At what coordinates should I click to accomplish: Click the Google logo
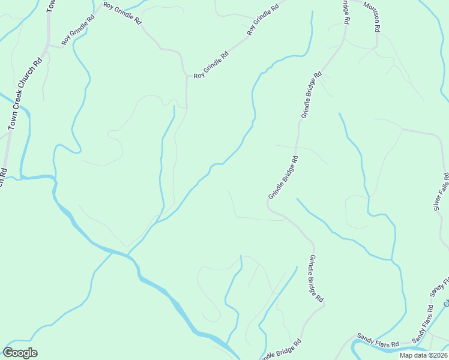click(20, 353)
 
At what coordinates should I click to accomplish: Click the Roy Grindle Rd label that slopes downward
click(122, 13)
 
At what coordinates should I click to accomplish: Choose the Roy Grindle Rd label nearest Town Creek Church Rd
click(78, 30)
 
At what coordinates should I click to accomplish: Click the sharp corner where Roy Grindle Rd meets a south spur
click(187, 76)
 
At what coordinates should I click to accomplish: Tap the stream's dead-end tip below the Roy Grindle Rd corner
click(174, 106)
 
